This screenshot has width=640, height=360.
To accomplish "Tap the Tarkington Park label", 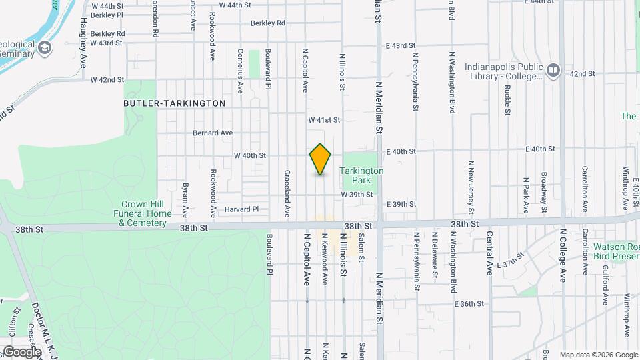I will click(361, 175).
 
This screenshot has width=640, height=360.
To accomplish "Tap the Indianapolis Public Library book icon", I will click(553, 70).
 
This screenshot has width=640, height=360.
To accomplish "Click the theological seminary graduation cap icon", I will click(45, 47).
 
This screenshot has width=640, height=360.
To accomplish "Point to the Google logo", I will click(21, 351).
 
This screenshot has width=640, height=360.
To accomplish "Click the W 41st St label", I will click(324, 120).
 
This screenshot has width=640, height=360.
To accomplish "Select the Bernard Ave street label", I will click(213, 133).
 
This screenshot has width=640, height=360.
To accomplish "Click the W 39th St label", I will click(357, 194).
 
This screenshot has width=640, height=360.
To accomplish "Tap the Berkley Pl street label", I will click(107, 14).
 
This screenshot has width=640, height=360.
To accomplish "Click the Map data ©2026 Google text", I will click(599, 355).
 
